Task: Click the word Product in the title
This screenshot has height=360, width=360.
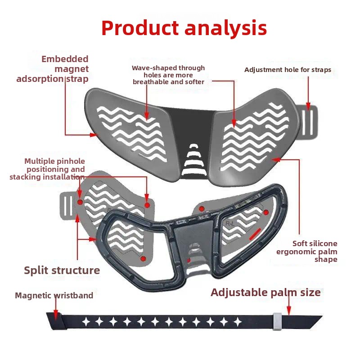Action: (x=140, y=28)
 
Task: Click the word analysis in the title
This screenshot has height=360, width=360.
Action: (x=226, y=29)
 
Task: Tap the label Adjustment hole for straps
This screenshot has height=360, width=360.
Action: (x=288, y=70)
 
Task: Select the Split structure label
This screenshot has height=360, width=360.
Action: (x=62, y=270)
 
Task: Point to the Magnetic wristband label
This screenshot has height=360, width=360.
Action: (x=54, y=295)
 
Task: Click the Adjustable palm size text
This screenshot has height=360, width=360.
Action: (x=265, y=292)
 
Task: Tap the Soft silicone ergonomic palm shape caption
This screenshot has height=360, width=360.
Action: (x=307, y=252)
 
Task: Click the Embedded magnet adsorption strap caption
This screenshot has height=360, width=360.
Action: (x=53, y=69)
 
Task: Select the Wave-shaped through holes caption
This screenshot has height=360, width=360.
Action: (x=168, y=75)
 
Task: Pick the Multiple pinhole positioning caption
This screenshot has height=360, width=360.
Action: (x=47, y=169)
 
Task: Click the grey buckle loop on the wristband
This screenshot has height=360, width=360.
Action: (x=277, y=321)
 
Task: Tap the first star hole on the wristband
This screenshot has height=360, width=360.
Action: (x=86, y=322)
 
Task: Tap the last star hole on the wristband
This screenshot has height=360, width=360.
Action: (x=238, y=322)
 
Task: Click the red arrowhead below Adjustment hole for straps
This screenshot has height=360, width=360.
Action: (x=308, y=107)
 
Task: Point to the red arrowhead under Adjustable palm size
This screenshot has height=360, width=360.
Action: (x=289, y=310)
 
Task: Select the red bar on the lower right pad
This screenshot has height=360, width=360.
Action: (x=255, y=234)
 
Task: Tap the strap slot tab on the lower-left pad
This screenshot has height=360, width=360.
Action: (x=68, y=206)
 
